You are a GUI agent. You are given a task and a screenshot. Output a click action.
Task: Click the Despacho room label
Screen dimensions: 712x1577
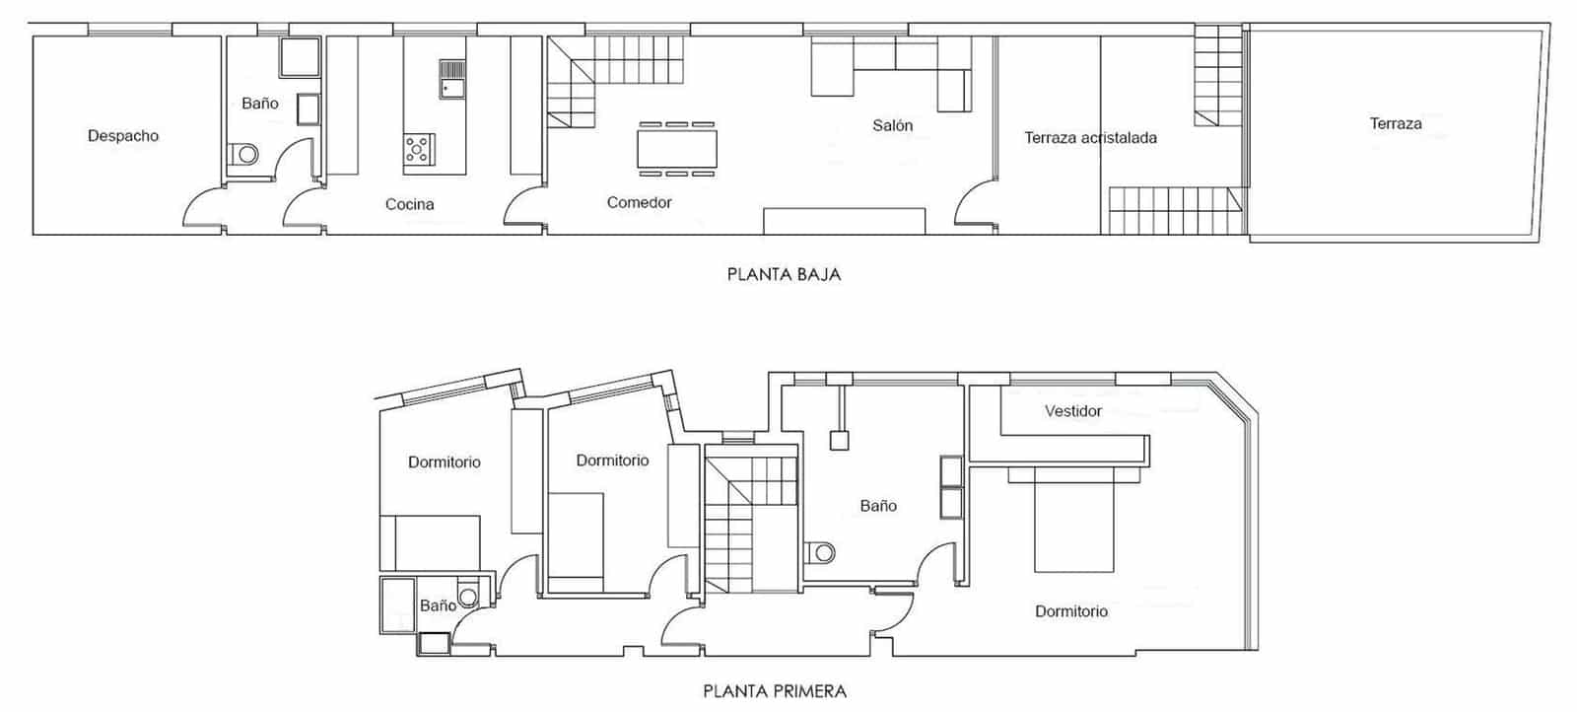123,136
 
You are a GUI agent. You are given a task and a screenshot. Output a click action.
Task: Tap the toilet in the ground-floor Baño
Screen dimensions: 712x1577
243,155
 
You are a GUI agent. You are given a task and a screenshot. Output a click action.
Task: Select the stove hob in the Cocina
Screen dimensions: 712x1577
418,149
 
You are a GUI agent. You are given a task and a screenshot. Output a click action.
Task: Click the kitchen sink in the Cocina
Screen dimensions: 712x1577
451,79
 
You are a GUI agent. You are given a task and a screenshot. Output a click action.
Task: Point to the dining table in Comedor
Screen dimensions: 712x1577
676,149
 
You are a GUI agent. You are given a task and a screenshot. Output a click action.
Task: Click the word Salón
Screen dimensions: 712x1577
892,125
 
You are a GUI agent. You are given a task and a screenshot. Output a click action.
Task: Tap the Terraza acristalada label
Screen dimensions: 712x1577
1090,138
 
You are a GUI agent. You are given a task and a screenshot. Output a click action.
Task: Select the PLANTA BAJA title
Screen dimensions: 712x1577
784,274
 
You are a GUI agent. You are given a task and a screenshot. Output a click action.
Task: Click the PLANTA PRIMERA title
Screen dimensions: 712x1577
775,690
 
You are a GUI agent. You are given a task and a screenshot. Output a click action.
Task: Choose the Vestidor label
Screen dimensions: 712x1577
1073,410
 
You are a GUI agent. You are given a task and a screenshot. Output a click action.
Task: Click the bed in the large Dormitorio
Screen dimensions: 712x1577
1073,523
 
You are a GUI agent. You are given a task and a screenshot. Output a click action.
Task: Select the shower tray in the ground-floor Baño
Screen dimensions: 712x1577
299,58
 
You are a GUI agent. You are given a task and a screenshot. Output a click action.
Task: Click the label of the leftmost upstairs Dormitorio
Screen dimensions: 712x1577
445,462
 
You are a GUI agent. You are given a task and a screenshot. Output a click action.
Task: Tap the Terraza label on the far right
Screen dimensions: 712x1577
1396,123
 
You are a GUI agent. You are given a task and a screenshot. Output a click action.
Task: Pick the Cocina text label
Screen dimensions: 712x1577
409,204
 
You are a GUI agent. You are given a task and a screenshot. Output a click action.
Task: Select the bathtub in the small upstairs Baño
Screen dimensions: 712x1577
399,605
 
